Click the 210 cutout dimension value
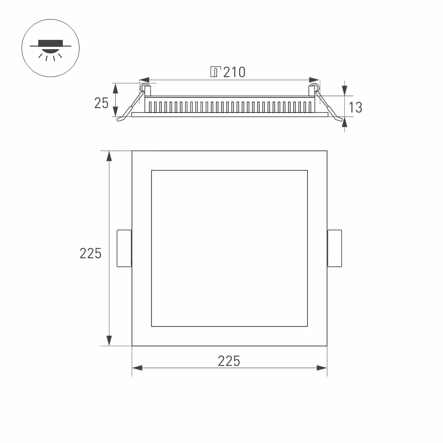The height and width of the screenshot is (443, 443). [x=234, y=72]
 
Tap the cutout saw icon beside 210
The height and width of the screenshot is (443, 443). [x=215, y=72]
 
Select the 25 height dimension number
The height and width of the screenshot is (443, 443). [x=101, y=103]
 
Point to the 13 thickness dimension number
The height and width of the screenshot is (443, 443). [x=355, y=107]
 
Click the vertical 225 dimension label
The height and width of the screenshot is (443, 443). [x=90, y=253]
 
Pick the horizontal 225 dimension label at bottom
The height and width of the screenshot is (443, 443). [x=229, y=361]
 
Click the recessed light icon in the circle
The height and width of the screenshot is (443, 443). [x=51, y=48]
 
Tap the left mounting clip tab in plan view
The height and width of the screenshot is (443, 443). [x=124, y=248]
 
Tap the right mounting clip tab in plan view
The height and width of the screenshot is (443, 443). [x=334, y=248]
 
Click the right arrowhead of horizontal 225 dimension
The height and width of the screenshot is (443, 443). [x=322, y=368]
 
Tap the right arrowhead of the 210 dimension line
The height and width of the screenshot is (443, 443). [x=314, y=81]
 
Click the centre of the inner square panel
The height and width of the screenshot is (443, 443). [x=229, y=248]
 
